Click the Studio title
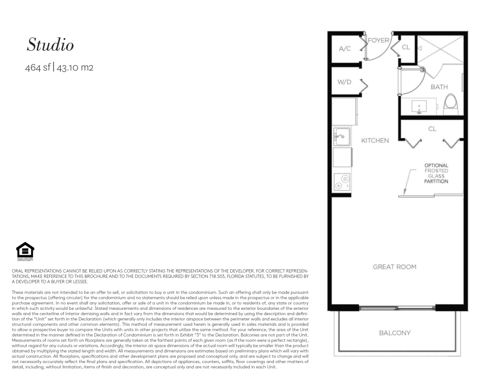coord(50,44)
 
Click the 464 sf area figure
coord(38,68)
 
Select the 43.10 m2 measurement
coord(75,68)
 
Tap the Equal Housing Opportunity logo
coord(25,251)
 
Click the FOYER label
coord(379,40)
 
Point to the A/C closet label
coord(345,49)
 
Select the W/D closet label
coord(344,82)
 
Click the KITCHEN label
coord(375,141)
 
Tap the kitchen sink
coord(341,137)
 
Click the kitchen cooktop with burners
coord(341,182)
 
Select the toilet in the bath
coord(451,104)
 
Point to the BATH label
coord(439,87)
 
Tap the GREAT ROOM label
coord(394,267)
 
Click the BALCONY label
coord(394,333)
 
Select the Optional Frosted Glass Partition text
coord(436,173)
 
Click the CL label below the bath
coord(432,128)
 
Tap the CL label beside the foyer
coord(406,47)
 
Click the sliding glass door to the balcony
coord(397,308)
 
